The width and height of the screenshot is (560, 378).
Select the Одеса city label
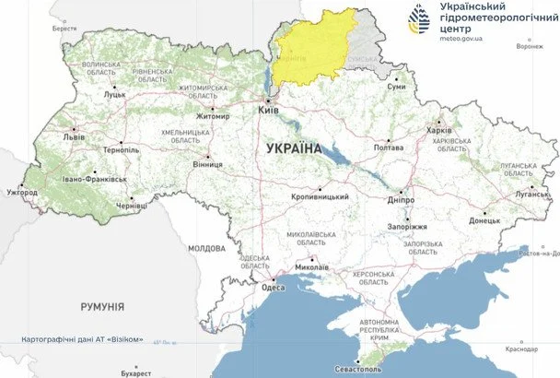point(274,288)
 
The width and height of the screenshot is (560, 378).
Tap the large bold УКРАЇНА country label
point(293,148)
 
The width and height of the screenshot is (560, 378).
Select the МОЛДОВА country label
point(206,249)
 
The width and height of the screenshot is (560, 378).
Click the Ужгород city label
point(21,193)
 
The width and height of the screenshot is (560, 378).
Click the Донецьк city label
point(484,221)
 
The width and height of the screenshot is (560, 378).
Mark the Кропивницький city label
point(321,196)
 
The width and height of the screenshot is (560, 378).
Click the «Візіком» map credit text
point(124,339)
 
